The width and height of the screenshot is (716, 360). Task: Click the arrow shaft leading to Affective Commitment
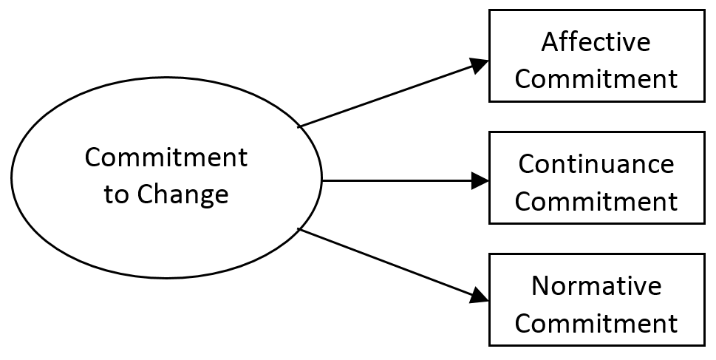pos(384,96)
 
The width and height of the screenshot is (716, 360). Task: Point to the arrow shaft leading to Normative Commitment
pos(384,262)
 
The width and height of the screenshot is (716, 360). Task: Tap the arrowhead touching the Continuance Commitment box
pos(480,180)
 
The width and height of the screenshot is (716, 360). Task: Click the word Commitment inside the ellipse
pos(166,158)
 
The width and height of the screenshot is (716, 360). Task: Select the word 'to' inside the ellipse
pos(115,196)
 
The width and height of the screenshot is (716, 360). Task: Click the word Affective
pos(596,42)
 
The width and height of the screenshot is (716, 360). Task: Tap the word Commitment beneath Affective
pos(596,79)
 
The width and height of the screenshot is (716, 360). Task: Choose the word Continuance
pos(596,164)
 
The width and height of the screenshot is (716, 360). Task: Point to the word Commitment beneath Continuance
pos(596,201)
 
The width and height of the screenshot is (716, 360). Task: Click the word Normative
pos(596,286)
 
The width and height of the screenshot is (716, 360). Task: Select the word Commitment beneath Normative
pos(596,323)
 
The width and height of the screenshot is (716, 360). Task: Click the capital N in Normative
pos(540,286)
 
